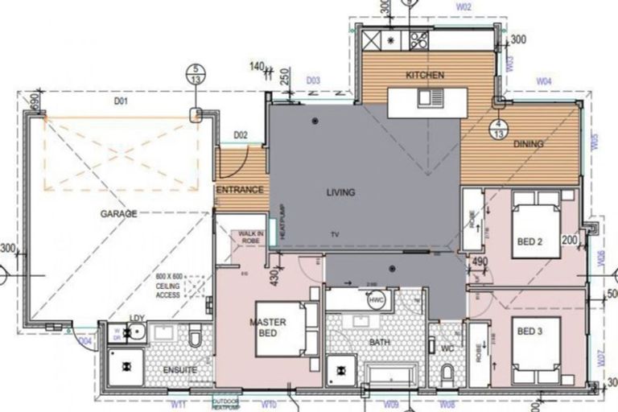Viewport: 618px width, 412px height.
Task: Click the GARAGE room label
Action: pos(118,214)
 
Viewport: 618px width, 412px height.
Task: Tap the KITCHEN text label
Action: pos(425,75)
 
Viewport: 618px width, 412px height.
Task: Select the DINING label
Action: pos(528,144)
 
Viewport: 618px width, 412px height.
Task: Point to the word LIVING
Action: pos(340,192)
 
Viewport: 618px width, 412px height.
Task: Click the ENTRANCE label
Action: pos(240,190)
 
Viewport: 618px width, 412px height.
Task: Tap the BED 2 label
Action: pos(529,241)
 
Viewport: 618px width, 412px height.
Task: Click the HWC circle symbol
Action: pos(377,300)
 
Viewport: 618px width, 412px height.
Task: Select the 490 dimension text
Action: pos(480,261)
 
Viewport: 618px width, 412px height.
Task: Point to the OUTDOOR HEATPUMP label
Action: pos(227,403)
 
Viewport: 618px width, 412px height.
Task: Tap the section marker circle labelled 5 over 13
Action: pos(195,75)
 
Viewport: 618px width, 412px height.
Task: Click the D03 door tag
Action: pos(313,80)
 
